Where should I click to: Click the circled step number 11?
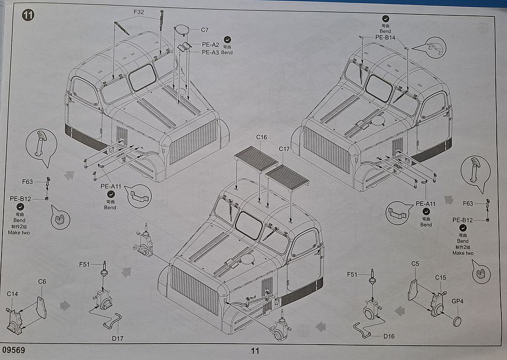pyautogui.click(x=28, y=15)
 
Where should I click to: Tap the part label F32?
pyautogui.click(x=139, y=12)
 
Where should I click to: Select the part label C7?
pyautogui.click(x=204, y=30)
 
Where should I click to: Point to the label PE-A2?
pyautogui.click(x=210, y=44)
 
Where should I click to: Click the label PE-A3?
pyautogui.click(x=210, y=52)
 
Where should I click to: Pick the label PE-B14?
pyautogui.click(x=385, y=37)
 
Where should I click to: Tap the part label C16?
pyautogui.click(x=262, y=137)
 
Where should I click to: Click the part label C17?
pyautogui.click(x=284, y=149)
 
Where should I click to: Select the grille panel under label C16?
pyautogui.click(x=256, y=159)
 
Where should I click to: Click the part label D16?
pyautogui.click(x=389, y=336)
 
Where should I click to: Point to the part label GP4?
pyautogui.click(x=457, y=301)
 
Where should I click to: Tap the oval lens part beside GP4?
pyautogui.click(x=457, y=321)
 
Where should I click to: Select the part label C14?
pyautogui.click(x=12, y=294)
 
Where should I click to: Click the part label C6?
pyautogui.click(x=42, y=281)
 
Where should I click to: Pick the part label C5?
pyautogui.click(x=415, y=263)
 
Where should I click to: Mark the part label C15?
pyautogui.click(x=441, y=277)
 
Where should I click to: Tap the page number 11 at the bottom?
pyautogui.click(x=255, y=351)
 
